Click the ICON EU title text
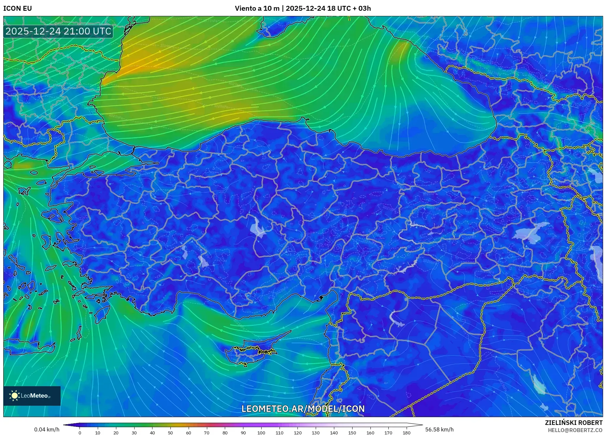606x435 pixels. pos(18,8)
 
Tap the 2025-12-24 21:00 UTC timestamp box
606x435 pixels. pos(59,31)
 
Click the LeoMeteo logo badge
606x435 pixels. pos(32,396)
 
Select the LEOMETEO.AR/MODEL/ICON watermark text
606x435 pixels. pos(303,409)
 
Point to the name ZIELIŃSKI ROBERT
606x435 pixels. pos(573,423)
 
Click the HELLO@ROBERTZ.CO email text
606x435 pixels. pos(575,430)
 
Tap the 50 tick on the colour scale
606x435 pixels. pos(170,432)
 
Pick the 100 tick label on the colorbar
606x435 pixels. pos(261,432)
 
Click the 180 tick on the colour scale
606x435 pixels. pos(406,432)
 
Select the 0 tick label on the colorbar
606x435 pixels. pos(80,432)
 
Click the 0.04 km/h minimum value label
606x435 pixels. pos(47,429)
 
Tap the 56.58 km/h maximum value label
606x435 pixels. pos(439,429)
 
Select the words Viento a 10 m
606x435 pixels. pos(257,8)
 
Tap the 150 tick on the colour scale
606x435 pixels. pos(352,432)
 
